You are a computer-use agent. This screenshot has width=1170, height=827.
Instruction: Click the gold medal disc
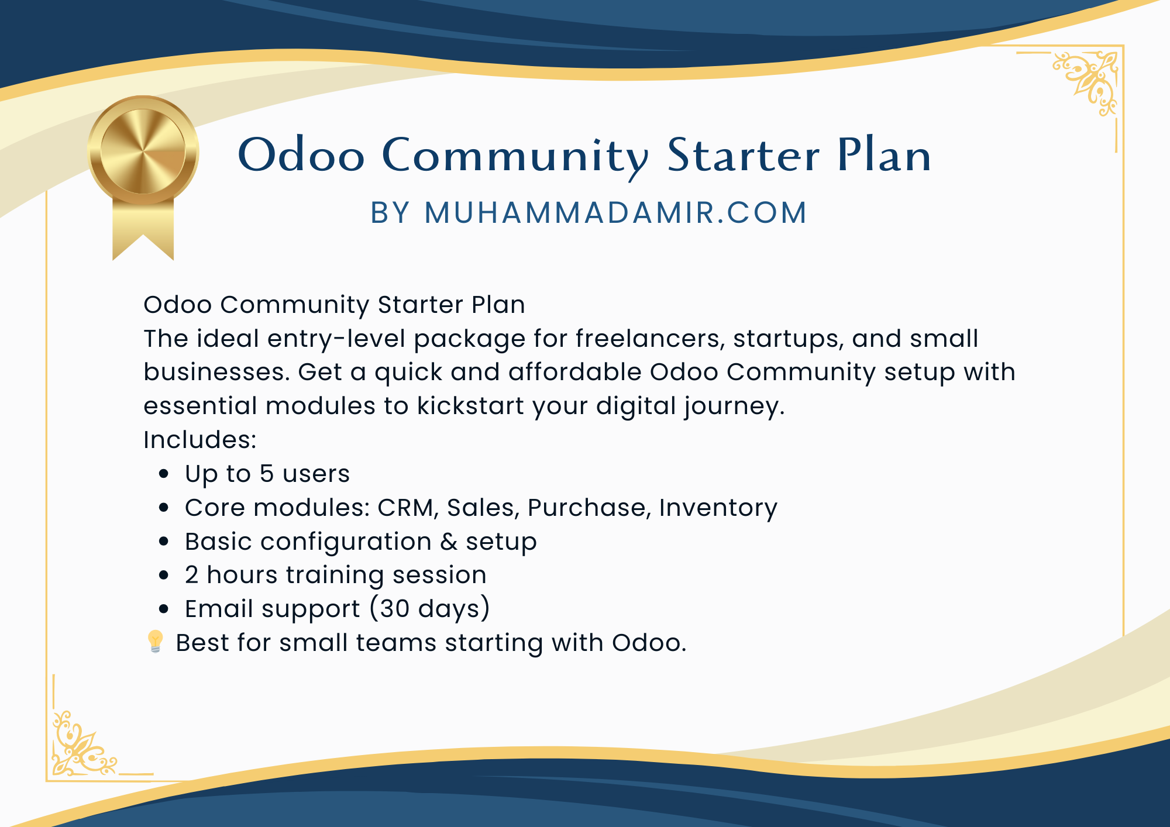coord(143,151)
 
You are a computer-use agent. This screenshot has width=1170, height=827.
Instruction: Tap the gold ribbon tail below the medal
coord(143,228)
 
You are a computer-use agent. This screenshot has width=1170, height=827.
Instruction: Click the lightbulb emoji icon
coord(155,642)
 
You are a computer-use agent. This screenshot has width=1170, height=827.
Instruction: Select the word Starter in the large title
coord(744,156)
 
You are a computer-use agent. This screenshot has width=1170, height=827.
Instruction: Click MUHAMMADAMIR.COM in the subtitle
coord(616,212)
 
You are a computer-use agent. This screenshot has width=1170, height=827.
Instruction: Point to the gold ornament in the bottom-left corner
coord(84,743)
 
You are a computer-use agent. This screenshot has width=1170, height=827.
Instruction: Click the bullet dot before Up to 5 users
coord(164,474)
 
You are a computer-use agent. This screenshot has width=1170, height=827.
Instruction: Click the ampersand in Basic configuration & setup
coord(449,542)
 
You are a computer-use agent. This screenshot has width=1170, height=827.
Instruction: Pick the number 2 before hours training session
coord(192,575)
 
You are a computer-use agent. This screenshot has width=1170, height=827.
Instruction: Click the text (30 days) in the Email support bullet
coord(430,609)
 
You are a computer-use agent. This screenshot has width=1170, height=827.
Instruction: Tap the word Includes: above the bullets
coord(200,440)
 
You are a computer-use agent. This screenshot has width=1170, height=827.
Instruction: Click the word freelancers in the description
coord(650,339)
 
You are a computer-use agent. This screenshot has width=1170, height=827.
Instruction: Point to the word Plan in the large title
coord(885,156)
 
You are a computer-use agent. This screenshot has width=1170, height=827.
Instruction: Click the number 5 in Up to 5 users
coord(267,474)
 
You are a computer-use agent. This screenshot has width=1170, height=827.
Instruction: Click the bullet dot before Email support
coord(164,609)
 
